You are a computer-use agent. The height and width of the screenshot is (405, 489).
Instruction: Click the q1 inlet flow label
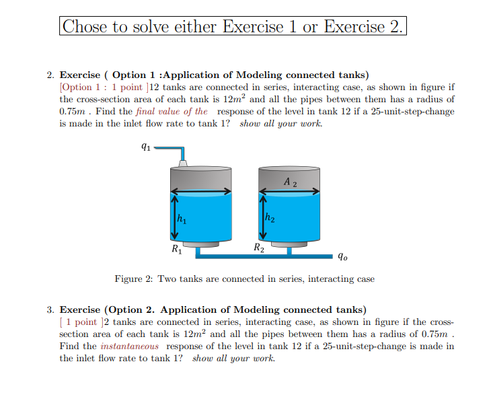pos(145,147)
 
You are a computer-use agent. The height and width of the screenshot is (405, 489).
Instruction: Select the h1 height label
pos(181,218)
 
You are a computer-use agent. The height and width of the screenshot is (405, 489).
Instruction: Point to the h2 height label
pos(269,217)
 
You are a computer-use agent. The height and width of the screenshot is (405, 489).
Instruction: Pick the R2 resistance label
pos(258,248)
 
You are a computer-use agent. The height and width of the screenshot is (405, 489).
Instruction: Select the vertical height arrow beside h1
pos(174,216)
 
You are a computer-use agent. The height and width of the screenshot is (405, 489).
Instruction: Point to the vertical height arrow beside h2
pos(262,216)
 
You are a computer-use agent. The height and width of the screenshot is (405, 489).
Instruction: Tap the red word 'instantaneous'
pos(130,346)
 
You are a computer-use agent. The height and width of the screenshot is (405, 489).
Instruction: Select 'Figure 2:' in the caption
pos(135,279)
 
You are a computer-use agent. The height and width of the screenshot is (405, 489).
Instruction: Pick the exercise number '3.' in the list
pos(51,309)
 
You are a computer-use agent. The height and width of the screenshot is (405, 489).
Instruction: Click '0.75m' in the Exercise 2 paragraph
pos(73,111)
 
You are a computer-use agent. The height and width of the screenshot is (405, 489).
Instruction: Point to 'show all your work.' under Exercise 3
pos(233,358)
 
